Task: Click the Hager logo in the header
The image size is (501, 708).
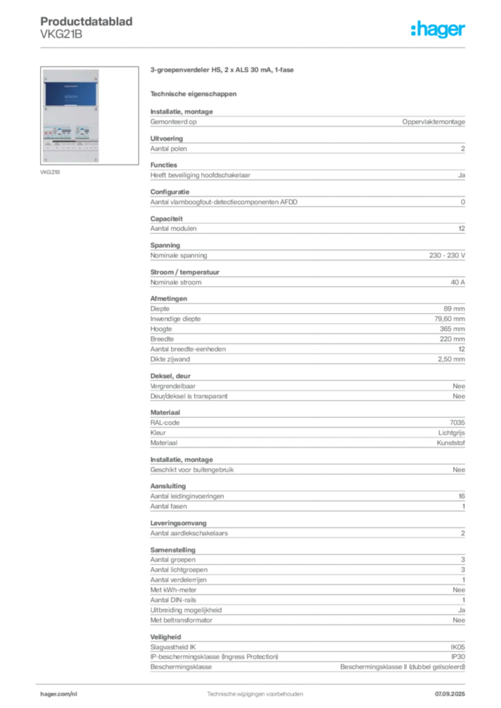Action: coord(437,29)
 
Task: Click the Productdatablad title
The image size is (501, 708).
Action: coord(86,21)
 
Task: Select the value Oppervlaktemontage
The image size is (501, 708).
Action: coord(433,122)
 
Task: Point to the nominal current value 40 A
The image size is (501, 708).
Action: coord(457,282)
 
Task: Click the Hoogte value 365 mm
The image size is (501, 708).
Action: coord(452,328)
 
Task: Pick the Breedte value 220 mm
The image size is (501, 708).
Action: coord(452,339)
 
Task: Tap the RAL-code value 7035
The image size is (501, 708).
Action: coord(457,422)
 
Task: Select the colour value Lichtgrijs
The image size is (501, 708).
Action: coord(451,433)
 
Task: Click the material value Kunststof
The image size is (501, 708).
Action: coord(450,442)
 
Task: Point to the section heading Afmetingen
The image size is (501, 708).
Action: coord(169,299)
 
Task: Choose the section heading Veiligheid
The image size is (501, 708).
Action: coord(165,637)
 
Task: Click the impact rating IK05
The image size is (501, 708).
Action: coord(457,647)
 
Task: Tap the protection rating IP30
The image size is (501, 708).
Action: coord(458,657)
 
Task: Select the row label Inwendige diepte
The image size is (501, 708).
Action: coord(175,319)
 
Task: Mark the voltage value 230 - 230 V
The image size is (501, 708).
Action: coord(447,255)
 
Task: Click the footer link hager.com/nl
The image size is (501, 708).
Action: coord(59,694)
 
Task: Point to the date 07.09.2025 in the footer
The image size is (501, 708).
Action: coord(450,694)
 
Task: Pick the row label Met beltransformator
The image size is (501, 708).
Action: coord(181,620)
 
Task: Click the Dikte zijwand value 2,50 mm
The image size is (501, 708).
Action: coord(451,359)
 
